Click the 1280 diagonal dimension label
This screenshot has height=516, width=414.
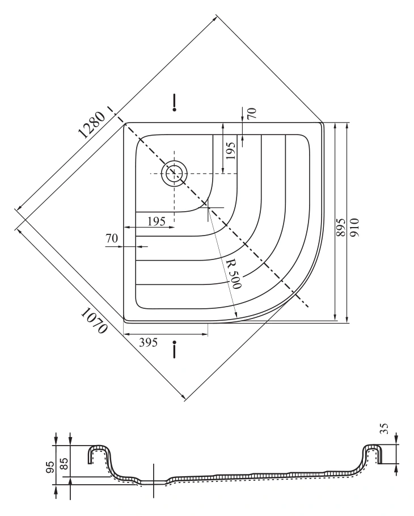[x=92, y=125]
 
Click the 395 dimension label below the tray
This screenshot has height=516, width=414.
[x=148, y=342]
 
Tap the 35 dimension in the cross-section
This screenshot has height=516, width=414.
[x=385, y=429]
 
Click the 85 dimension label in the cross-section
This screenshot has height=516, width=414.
[x=64, y=464]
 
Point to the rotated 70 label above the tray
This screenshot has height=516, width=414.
[x=252, y=114]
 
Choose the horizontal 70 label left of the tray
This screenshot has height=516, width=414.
[x=112, y=238]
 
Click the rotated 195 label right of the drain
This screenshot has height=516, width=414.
[x=231, y=151]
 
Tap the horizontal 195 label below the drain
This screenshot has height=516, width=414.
[x=157, y=221]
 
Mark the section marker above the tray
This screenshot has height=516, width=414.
[x=175, y=103]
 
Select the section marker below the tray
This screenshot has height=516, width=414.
[x=175, y=350]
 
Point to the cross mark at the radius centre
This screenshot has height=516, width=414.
[x=208, y=208]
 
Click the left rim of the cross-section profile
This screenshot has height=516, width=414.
[x=99, y=454]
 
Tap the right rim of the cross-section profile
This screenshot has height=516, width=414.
[x=372, y=454]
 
